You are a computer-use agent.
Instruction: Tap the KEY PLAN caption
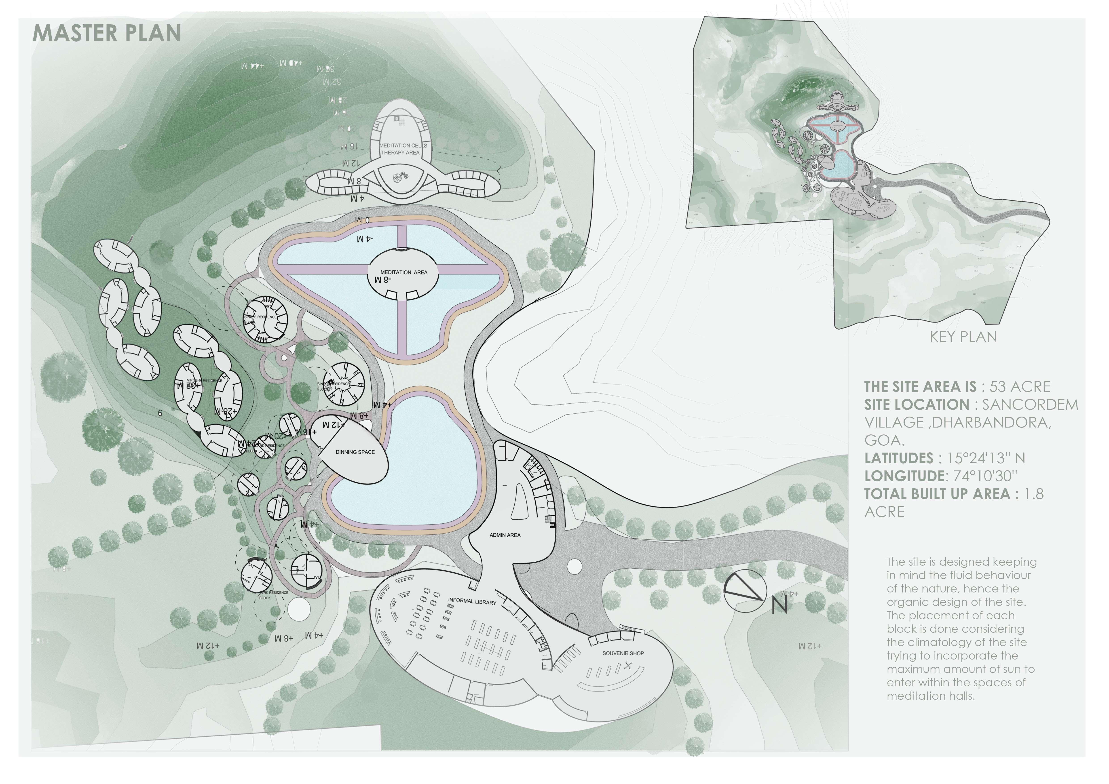(963, 337)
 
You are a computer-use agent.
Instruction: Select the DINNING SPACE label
(355, 452)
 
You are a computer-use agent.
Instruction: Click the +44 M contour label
(253, 65)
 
